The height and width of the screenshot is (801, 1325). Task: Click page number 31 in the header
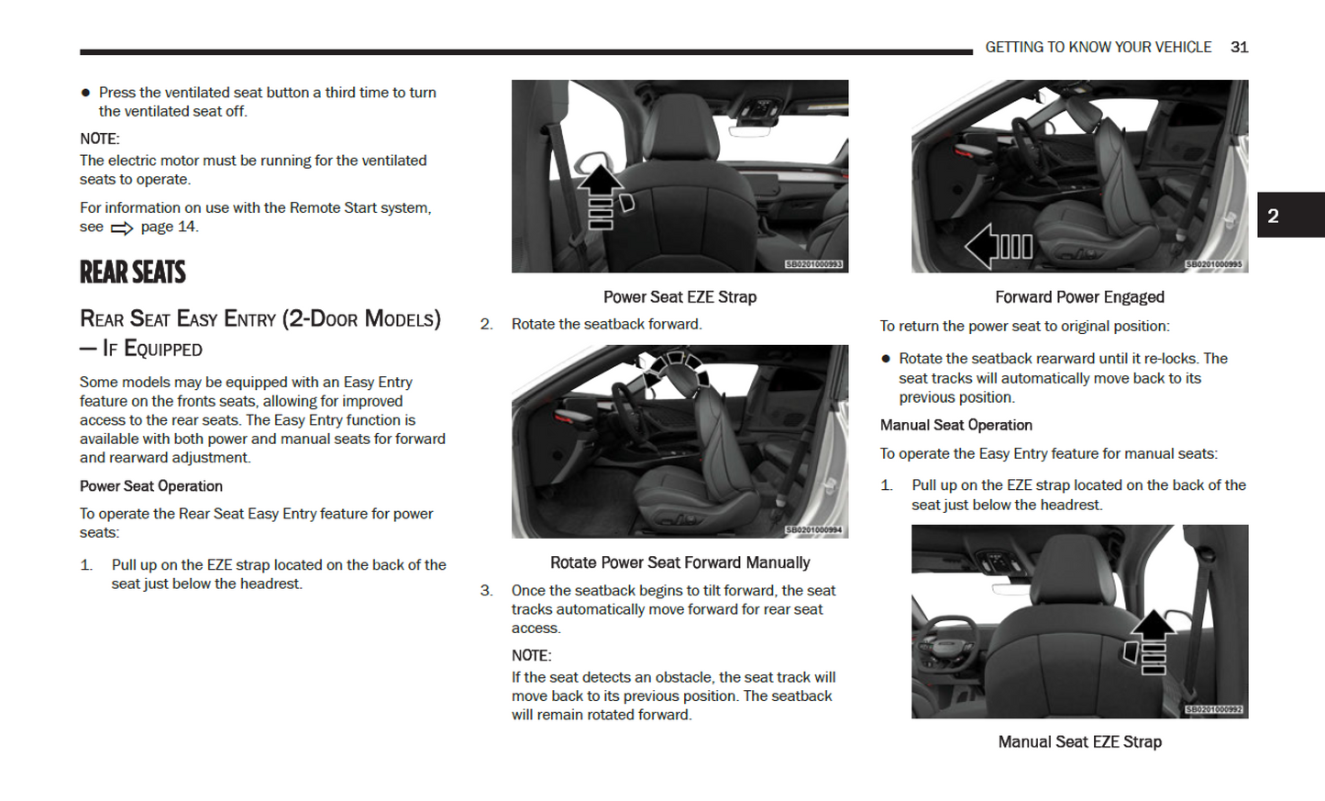tap(1239, 47)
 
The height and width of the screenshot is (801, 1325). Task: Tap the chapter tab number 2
tap(1273, 216)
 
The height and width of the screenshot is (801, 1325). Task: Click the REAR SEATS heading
tap(133, 273)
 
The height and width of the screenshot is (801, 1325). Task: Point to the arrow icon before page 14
tap(122, 228)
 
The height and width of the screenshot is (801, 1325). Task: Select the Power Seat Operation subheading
tap(151, 485)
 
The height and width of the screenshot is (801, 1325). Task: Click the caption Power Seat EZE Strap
tap(679, 296)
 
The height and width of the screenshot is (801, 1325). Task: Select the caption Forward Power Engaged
tap(1079, 296)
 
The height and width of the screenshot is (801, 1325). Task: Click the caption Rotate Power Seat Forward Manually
tap(679, 562)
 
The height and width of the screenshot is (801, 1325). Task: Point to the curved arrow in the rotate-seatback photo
tap(677, 366)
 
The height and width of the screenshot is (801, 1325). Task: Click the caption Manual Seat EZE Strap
tap(1079, 741)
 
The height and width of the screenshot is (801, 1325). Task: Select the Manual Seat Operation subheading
tap(955, 425)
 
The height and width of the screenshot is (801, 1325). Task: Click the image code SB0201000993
tap(814, 264)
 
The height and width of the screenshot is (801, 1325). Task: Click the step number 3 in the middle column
tap(487, 590)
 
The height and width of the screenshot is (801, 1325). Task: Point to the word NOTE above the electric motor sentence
tap(99, 139)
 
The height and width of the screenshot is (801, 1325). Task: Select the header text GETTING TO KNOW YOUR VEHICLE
tap(1098, 47)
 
